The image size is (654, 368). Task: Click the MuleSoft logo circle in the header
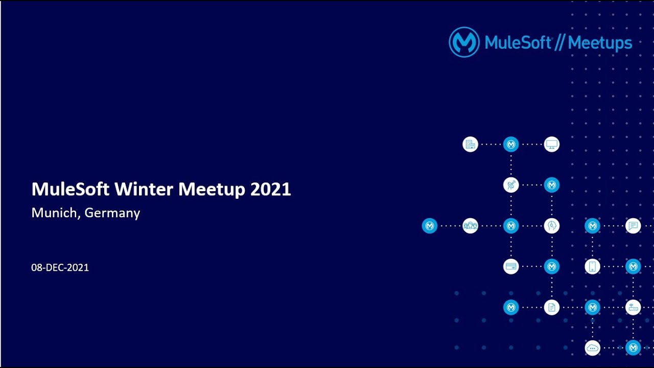(464, 42)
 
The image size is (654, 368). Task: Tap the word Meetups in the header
(600, 43)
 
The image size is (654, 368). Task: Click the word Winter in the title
(144, 190)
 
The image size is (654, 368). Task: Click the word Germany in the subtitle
(112, 213)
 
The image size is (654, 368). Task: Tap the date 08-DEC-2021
(60, 267)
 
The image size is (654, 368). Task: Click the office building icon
(470, 144)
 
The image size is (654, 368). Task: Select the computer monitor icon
(551, 144)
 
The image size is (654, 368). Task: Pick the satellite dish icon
(511, 185)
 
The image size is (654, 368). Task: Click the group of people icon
(470, 226)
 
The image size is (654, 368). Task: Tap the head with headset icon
(551, 226)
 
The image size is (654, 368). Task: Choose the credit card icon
(511, 266)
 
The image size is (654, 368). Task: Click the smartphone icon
(592, 266)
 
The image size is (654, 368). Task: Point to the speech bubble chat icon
(633, 226)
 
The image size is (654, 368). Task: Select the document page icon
(551, 307)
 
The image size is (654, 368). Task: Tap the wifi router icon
(633, 307)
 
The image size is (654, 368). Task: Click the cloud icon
(592, 348)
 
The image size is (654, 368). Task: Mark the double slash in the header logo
(559, 43)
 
